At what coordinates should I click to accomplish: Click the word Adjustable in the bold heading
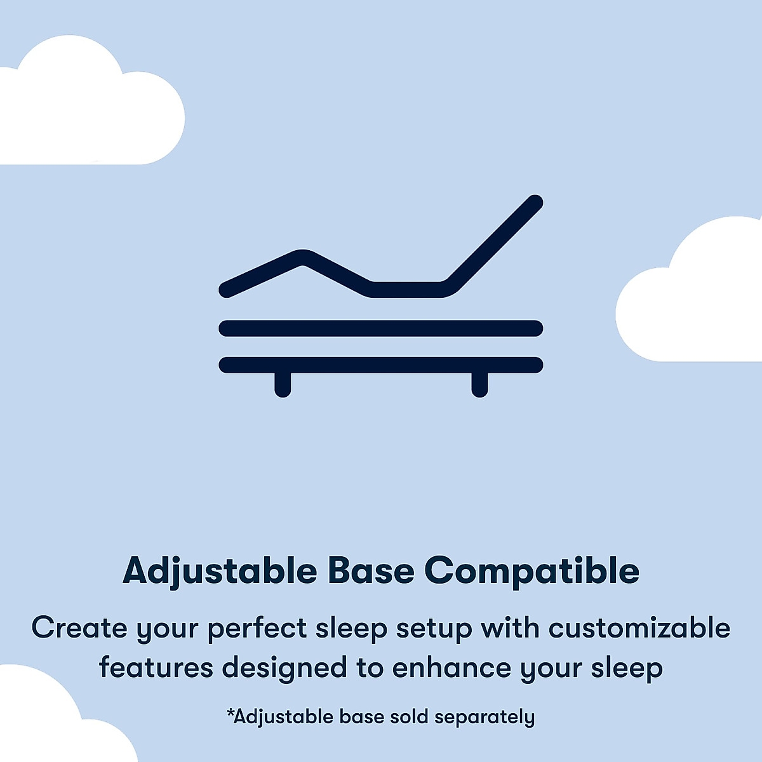[x=219, y=571]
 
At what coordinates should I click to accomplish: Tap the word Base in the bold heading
[x=371, y=571]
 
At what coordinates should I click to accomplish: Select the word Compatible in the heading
[x=531, y=571]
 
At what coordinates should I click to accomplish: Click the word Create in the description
[x=79, y=628]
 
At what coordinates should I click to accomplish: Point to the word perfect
[x=257, y=628]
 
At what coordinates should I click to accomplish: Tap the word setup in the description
[x=434, y=628]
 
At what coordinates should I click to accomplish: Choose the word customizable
[x=639, y=628]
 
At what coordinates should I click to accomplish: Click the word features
[x=156, y=667]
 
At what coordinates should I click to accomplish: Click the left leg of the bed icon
[x=283, y=385]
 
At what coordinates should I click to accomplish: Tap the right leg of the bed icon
[x=480, y=385]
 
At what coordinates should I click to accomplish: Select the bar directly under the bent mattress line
[x=381, y=328]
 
